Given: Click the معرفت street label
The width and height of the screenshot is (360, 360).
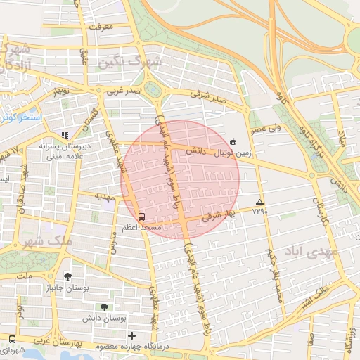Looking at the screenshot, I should click(102, 28).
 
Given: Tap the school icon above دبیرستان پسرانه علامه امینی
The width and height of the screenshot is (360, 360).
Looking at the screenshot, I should click(65, 134).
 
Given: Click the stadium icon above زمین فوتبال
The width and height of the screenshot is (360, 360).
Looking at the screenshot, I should click(233, 141).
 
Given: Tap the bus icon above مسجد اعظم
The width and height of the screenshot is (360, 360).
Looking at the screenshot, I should click(141, 217).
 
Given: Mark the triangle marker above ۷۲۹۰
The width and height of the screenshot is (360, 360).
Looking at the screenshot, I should click(260, 200).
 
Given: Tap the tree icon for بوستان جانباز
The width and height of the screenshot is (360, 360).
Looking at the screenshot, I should click(67, 276).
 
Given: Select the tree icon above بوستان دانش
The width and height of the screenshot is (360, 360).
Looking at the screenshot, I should click(104, 307).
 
